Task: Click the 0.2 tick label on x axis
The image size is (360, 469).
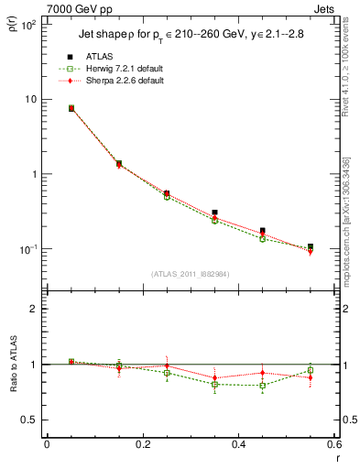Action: [x=142, y=444]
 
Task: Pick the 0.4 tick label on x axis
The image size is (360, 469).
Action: [x=238, y=444]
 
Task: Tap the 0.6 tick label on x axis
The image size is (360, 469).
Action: [x=333, y=444]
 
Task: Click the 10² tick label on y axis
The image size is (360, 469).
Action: [x=27, y=25]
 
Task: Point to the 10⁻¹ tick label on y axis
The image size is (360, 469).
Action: [x=27, y=249]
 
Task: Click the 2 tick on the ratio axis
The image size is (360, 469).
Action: [x=34, y=309]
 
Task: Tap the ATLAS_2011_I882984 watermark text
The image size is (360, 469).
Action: [x=190, y=274]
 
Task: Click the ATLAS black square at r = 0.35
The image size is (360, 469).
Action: [x=214, y=213]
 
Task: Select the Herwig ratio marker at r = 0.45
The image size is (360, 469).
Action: [x=262, y=386]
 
